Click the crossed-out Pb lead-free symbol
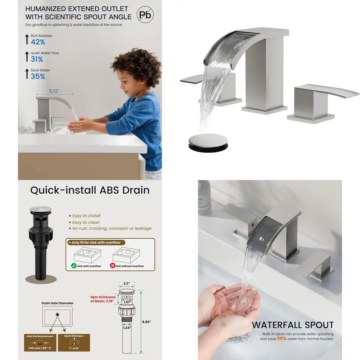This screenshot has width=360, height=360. pyautogui.click(x=145, y=15)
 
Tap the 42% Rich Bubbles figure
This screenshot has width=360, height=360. pyautogui.click(x=38, y=42)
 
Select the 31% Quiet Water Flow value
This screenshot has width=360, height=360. pyautogui.click(x=37, y=59)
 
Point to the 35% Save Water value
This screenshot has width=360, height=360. pyautogui.click(x=38, y=76)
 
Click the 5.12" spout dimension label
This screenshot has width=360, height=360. pyautogui.click(x=54, y=91)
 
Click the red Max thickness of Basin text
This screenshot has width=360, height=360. pyautogui.click(x=103, y=299)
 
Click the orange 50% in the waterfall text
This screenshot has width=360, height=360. pyautogui.click(x=282, y=339)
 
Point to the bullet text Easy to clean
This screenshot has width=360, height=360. pyautogui.click(x=86, y=222)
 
